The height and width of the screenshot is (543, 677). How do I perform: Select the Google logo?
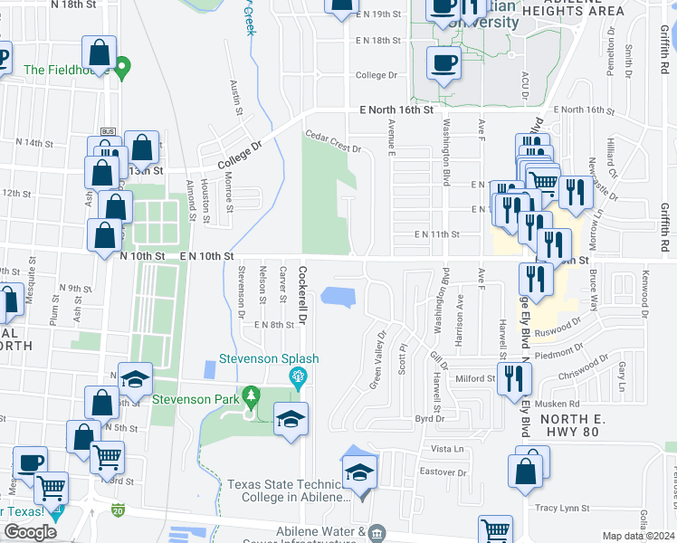click(x=31, y=531)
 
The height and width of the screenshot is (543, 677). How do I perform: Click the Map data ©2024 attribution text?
click(x=639, y=536)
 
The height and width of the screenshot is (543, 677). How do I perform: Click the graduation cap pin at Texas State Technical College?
click(x=359, y=473)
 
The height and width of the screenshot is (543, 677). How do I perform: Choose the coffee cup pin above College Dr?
click(x=443, y=62)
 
